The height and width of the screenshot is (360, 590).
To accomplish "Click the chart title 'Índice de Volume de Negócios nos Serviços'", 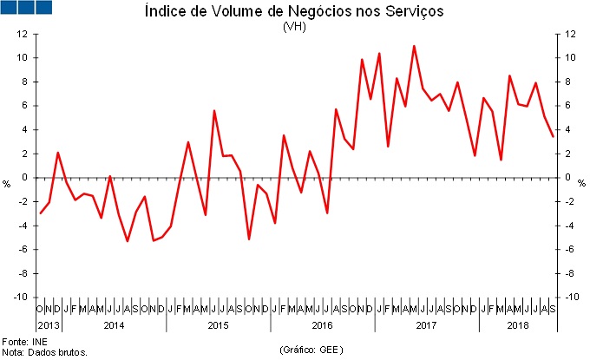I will pos(294,12).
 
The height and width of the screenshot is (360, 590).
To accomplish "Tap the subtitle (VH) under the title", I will pos(295,26).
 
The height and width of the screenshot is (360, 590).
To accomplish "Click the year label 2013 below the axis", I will pos(49,325).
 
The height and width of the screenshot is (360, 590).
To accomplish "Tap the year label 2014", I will pos(114,325).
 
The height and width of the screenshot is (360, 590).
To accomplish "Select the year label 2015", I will pos(218,325).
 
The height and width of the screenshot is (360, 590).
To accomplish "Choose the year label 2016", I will pos(322,325).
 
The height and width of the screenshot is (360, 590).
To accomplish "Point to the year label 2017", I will pos(426,325).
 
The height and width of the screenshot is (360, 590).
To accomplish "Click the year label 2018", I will pos(517,325).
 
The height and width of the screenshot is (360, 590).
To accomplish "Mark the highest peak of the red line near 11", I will pos(414,46).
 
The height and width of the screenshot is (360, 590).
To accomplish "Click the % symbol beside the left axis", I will pos(6,184).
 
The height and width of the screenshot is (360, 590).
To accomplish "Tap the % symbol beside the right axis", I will pos(582,184).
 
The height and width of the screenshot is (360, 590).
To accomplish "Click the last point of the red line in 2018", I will pos(553,136).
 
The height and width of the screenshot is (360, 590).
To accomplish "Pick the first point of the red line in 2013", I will pos(40,213).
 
